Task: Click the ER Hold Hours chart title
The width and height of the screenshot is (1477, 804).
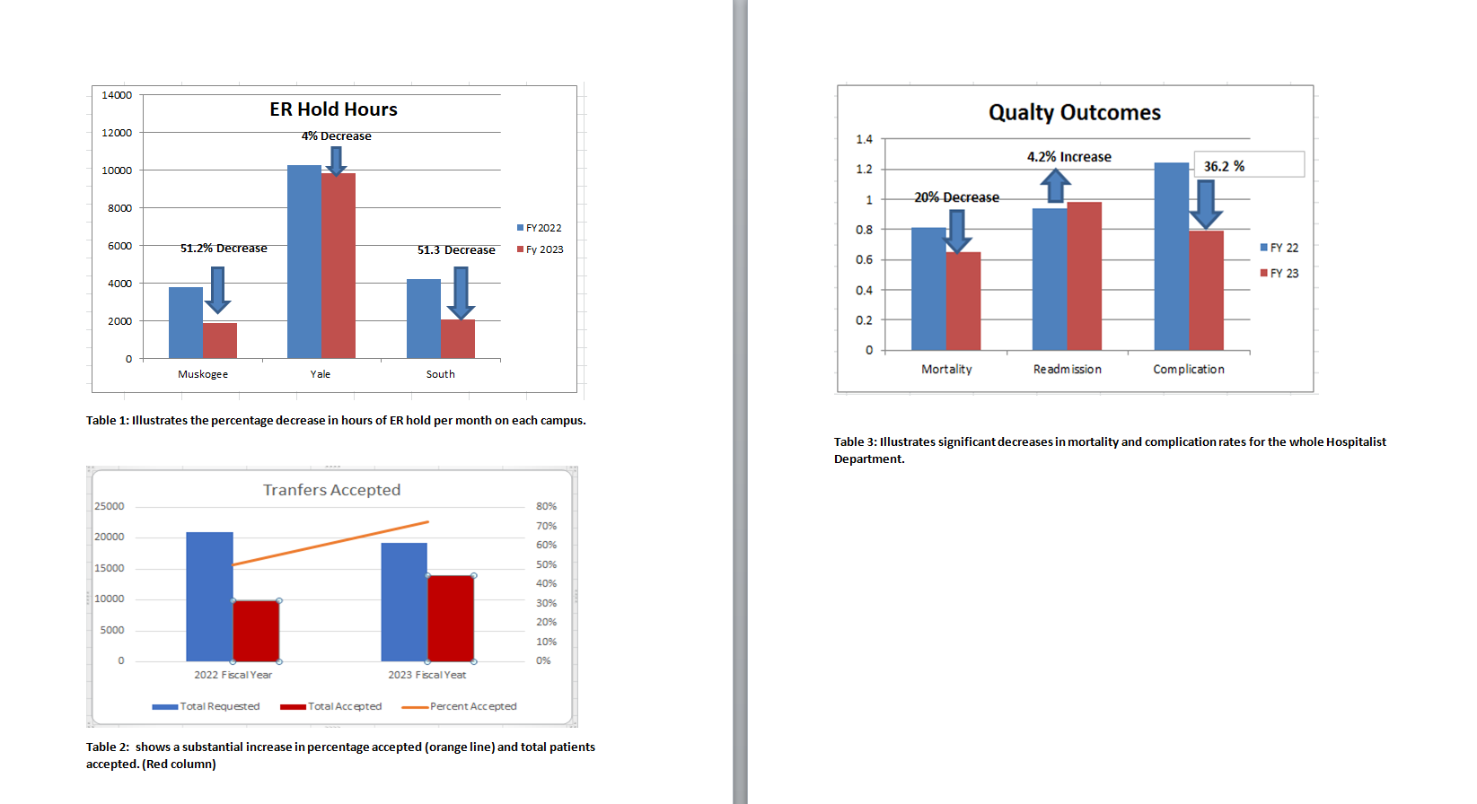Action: pos(333,109)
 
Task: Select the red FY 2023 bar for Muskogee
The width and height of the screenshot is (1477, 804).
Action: pos(220,340)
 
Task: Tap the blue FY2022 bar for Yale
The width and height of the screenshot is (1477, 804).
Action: pos(304,261)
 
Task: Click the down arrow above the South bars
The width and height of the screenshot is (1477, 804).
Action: pos(461,293)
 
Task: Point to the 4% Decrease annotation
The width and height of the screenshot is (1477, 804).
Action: pos(336,136)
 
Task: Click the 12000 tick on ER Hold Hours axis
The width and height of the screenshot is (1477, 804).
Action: pos(117,133)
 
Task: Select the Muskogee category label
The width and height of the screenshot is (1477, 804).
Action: pos(203,374)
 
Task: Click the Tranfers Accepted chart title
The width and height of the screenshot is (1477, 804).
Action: pos(331,490)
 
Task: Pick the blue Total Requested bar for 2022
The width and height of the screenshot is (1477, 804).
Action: pos(209,596)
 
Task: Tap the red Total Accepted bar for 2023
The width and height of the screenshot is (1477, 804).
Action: pos(451,618)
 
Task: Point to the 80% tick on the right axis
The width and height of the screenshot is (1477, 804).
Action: pos(546,506)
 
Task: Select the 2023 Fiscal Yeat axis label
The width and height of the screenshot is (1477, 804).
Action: pos(427,675)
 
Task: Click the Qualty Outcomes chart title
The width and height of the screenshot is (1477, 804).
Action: pos(1074,113)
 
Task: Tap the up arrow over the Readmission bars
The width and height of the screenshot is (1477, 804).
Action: pos(1055,186)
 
